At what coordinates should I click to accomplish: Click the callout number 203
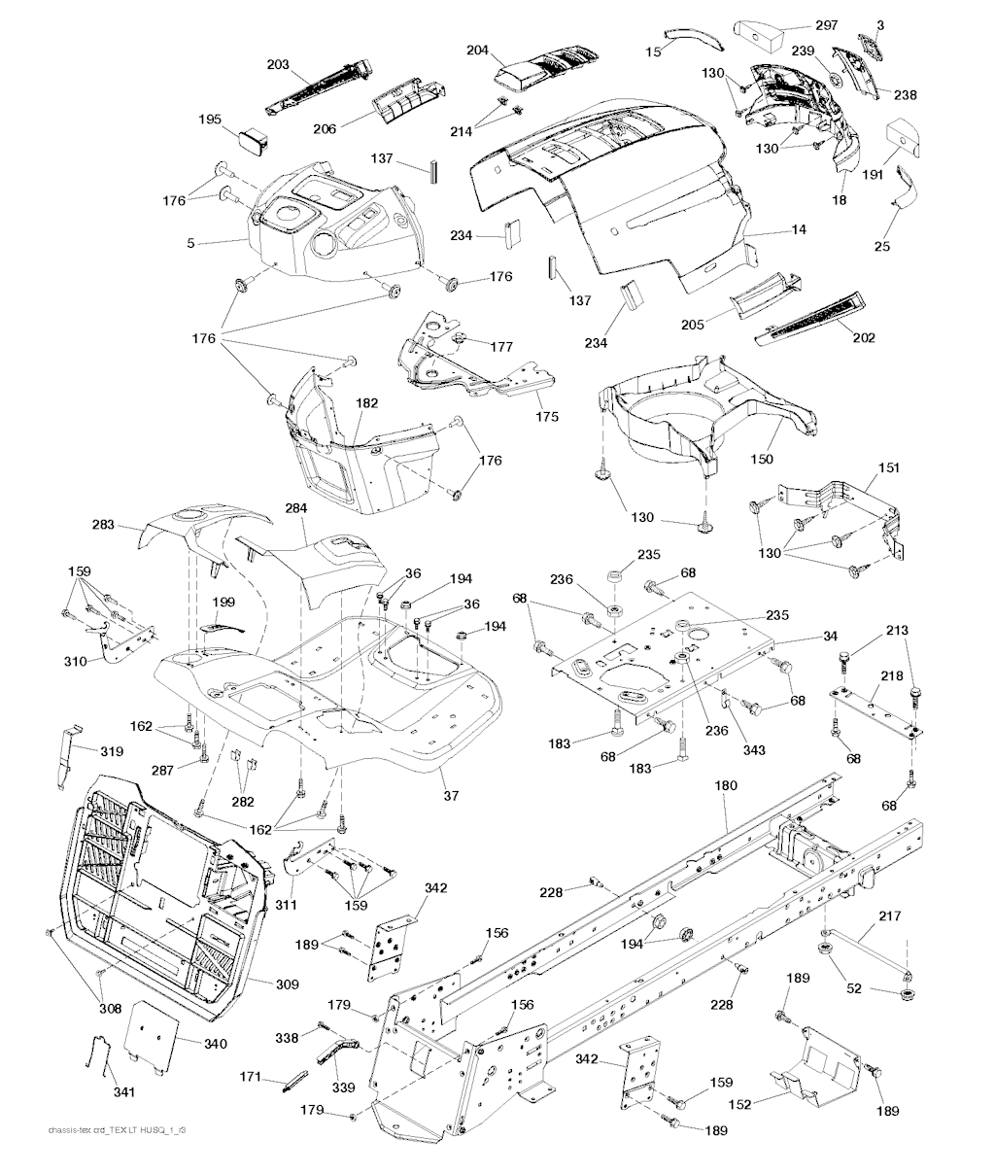(278, 64)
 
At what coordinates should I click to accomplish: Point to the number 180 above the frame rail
(726, 785)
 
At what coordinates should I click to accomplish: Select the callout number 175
(547, 416)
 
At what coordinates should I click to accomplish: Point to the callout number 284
(295, 508)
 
